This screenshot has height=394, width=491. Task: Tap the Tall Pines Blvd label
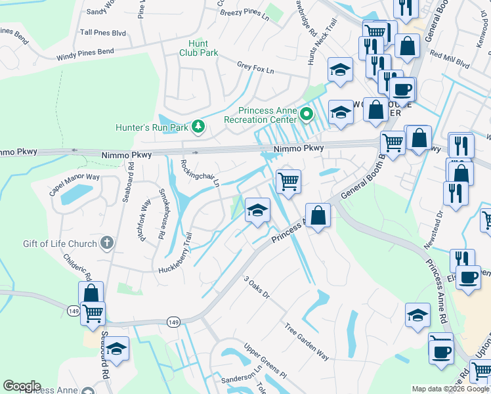pos(102,32)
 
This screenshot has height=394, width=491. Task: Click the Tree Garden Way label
pos(307,341)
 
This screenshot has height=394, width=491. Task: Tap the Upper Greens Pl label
pos(265,361)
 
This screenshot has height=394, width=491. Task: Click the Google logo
pos(22,386)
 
